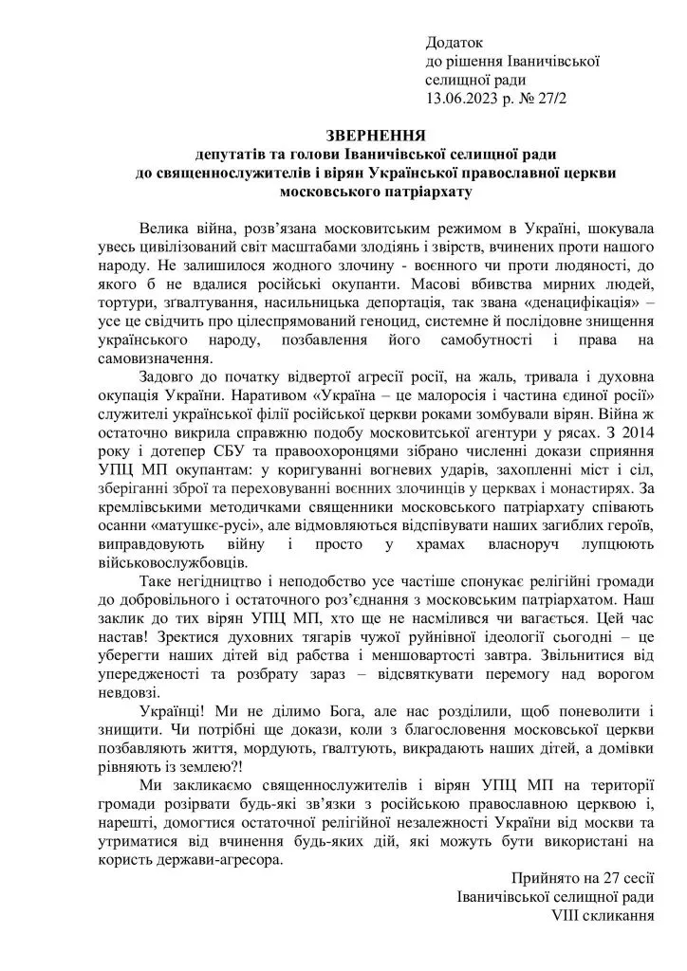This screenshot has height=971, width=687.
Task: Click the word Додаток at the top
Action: click(455, 44)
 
